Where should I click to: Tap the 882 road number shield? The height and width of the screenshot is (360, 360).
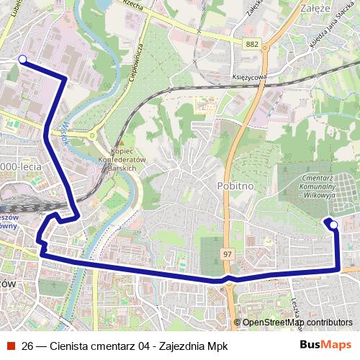tap(251, 45)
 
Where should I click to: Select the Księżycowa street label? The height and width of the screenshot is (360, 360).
tap(250, 76)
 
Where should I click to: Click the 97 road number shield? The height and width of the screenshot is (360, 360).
tap(228, 254)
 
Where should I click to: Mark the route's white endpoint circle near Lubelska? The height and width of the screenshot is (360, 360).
tap(22, 60)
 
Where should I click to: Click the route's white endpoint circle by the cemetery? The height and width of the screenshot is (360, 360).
tap(333, 225)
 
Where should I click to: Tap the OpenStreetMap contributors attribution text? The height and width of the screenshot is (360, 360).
tap(297, 322)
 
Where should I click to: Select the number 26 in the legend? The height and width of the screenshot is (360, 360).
tap(28, 346)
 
